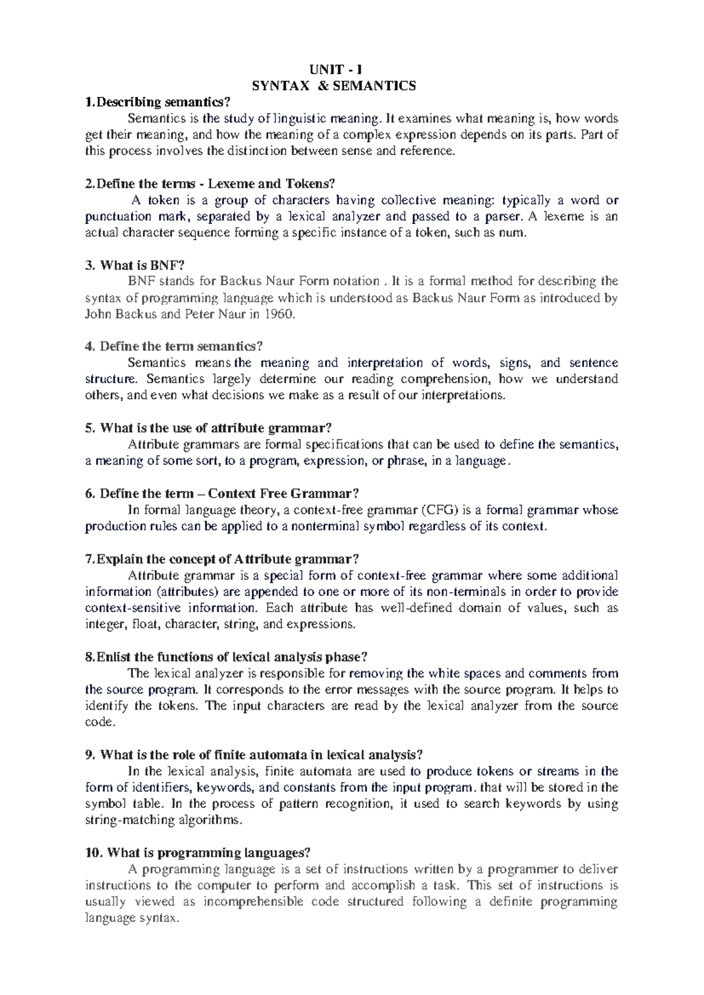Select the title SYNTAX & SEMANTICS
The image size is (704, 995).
point(334,86)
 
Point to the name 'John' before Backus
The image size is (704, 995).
point(97,314)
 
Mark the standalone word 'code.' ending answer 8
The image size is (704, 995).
point(97,722)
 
